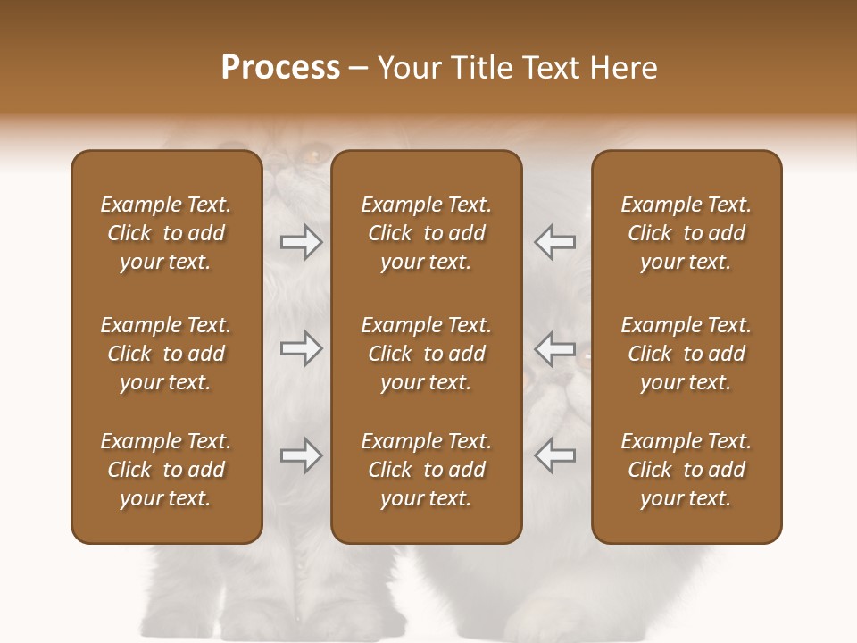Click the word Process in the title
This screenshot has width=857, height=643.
(x=280, y=68)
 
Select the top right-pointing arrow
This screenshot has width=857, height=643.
(x=301, y=242)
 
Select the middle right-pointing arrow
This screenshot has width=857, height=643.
(x=301, y=347)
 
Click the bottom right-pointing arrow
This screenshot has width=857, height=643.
(x=301, y=455)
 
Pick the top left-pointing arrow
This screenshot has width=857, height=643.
(x=554, y=242)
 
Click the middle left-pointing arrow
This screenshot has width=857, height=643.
(x=554, y=347)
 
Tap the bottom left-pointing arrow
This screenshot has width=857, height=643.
(x=554, y=455)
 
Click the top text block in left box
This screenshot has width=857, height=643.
(x=166, y=233)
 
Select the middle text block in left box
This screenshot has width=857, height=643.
(x=166, y=354)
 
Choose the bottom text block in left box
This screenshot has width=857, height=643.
(x=166, y=470)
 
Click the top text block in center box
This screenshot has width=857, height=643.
(x=426, y=233)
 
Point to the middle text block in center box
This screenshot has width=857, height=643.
(x=426, y=354)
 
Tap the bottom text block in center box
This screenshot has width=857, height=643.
(x=426, y=470)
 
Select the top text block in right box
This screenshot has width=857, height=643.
(x=686, y=233)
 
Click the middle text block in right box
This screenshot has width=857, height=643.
(x=686, y=354)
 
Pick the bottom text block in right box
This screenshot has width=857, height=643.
(x=686, y=470)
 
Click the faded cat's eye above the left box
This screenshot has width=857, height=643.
(x=312, y=155)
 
